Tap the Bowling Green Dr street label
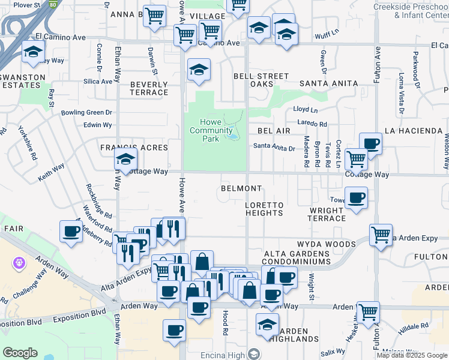tap(86, 112)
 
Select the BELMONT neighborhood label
tap(241, 188)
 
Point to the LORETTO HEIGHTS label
tap(264, 209)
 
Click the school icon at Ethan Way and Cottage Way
tap(126, 160)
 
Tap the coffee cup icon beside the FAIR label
tap(71, 232)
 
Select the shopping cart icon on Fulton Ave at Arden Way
tap(368, 312)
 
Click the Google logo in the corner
tap(20, 353)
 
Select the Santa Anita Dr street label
tap(274, 147)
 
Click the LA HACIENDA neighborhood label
tap(414, 130)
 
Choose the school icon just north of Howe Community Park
tap(199, 70)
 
